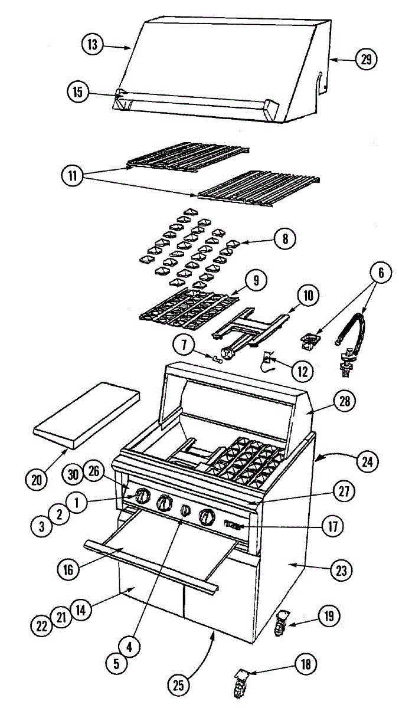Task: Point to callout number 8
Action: (285, 239)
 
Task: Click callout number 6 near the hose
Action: (381, 273)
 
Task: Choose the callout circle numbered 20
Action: (37, 479)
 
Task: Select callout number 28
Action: (344, 401)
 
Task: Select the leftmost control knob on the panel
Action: (141, 497)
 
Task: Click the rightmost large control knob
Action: (206, 517)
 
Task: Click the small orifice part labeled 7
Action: (217, 359)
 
